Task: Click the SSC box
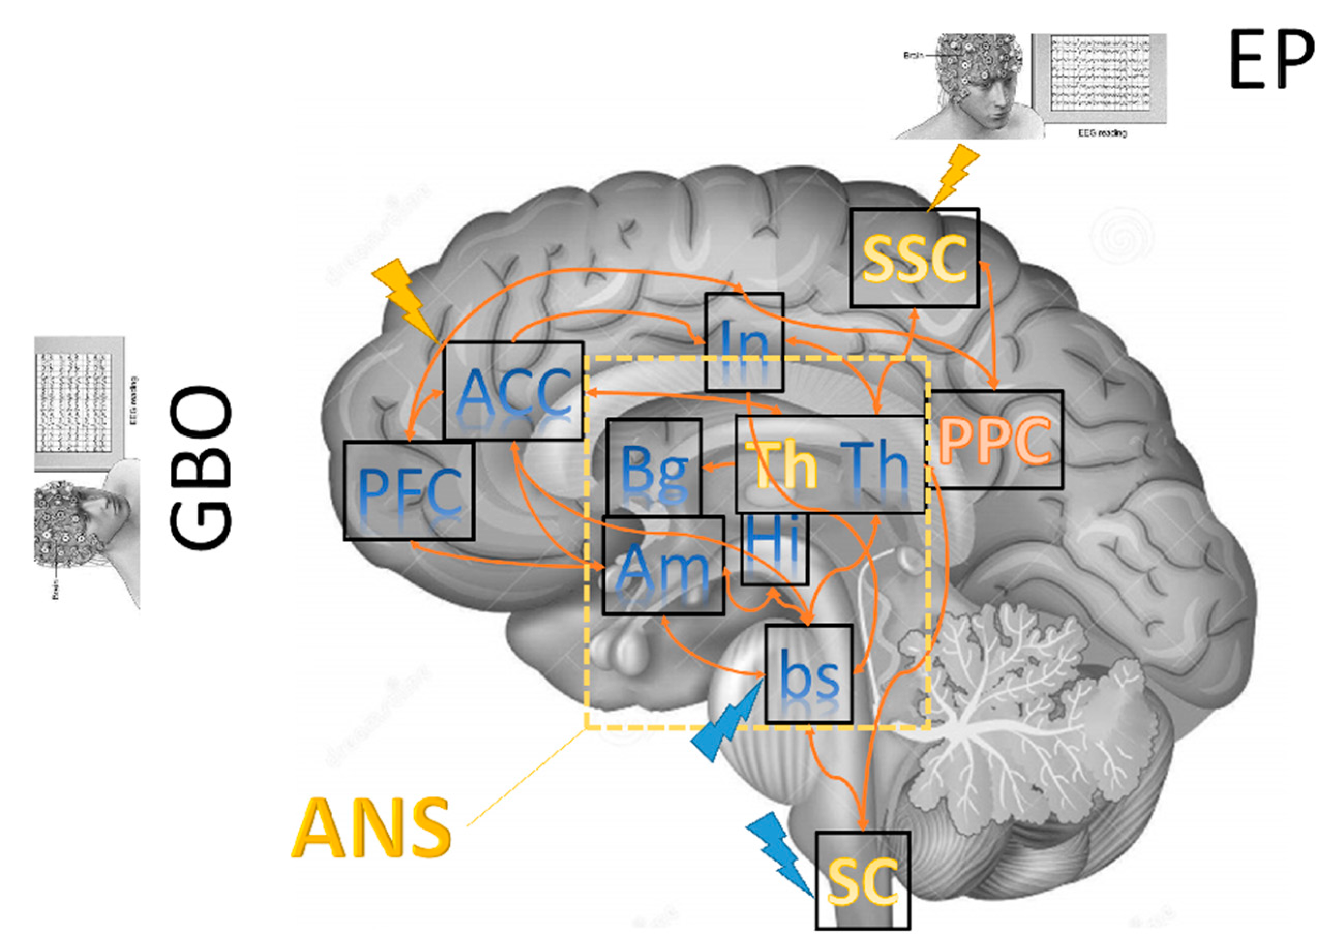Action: [x=914, y=258]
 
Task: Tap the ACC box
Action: [x=513, y=390]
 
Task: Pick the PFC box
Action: [x=408, y=491]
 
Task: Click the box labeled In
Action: [x=744, y=342]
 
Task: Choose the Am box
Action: [x=663, y=565]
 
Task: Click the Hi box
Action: [x=774, y=549]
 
